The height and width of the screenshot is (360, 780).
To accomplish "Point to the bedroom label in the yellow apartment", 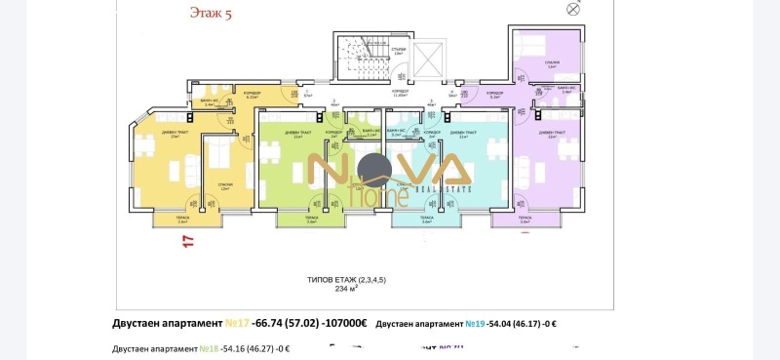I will [225, 185].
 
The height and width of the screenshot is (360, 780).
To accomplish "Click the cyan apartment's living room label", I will [464, 135].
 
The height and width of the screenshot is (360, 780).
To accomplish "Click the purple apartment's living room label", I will [552, 135].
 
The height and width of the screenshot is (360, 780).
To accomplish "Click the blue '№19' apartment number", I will [474, 323].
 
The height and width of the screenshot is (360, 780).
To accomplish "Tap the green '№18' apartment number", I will [207, 347].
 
